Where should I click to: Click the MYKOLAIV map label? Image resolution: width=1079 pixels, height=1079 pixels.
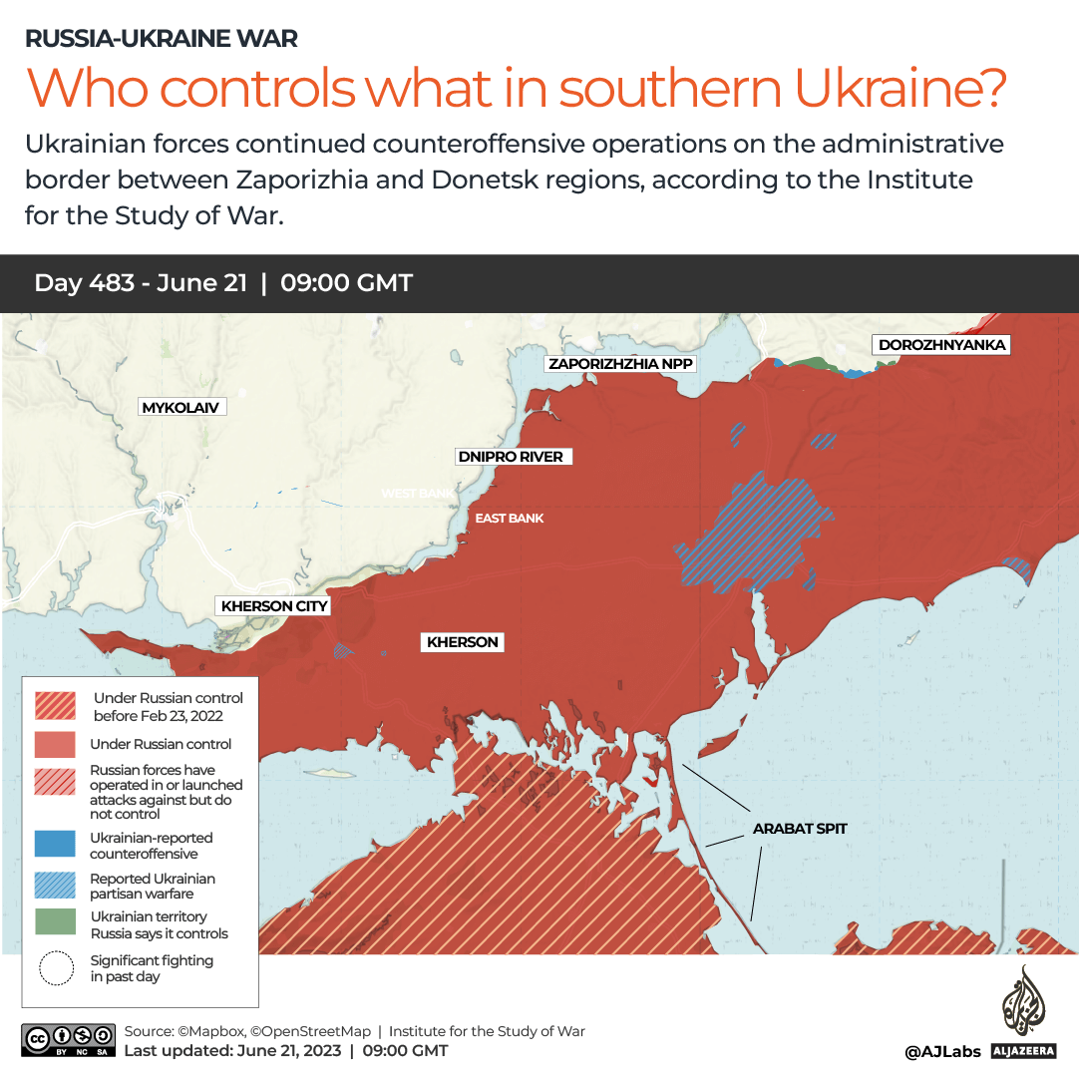180,407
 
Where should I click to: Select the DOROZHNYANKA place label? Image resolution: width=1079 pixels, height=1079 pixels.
941,345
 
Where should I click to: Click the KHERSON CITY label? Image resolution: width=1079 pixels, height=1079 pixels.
274,605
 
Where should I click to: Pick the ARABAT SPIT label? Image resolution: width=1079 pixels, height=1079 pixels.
800,828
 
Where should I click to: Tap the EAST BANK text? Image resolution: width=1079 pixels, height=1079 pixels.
510,518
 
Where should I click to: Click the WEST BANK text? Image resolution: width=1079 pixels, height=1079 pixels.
416,493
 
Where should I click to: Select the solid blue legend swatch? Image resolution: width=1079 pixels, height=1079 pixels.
54,844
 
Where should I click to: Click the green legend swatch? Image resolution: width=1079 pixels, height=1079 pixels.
54,922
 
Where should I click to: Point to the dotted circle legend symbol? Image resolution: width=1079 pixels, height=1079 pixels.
56,968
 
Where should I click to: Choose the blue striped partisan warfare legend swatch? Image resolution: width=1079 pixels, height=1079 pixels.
54,885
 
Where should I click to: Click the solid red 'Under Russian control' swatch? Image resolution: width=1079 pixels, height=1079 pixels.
54,744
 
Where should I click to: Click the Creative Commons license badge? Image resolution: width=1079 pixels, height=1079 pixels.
66,1039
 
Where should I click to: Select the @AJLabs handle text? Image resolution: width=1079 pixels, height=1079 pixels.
942,1051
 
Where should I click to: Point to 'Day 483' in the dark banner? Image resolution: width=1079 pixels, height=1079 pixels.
92,283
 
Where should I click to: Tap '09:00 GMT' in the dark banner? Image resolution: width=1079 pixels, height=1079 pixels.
346,283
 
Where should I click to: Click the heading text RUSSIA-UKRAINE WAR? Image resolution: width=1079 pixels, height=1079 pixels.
162,39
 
